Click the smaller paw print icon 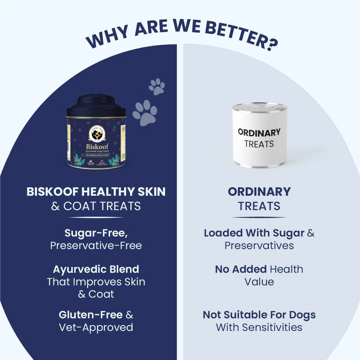[157, 86]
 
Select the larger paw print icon [145, 112]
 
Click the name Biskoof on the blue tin [96, 146]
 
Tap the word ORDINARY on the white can [259, 132]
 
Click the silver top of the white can [259, 106]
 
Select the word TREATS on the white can [259, 144]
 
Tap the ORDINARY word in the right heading [259, 192]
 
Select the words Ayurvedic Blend [96, 269]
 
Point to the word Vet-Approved [96, 327]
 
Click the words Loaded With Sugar [254, 233]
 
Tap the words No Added [241, 269]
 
